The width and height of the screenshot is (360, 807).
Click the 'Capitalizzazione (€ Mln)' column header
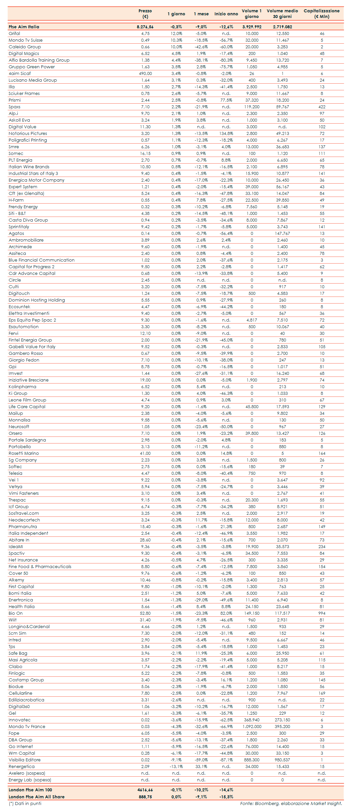[321, 14]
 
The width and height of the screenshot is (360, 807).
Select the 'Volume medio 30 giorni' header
[282, 14]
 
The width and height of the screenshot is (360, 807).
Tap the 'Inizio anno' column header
[226, 14]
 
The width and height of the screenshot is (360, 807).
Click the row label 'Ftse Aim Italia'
[24, 27]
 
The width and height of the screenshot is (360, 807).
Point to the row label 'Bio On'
[16, 613]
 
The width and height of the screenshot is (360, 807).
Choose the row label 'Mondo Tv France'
[27, 726]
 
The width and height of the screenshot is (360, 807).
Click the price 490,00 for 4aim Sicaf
[145, 73]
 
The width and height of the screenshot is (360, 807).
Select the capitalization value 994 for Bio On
[322, 613]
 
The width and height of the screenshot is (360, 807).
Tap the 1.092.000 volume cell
[252, 726]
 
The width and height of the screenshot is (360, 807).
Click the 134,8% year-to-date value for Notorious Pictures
[226, 133]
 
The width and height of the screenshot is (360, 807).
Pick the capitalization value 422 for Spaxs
[322, 107]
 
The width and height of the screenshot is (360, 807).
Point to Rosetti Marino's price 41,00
[145, 453]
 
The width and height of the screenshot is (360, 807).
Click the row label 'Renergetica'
[22, 766]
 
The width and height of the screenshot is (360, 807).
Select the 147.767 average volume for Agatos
[282, 233]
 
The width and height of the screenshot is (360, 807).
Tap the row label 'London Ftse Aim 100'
[30, 790]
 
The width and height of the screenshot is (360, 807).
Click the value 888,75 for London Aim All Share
[145, 797]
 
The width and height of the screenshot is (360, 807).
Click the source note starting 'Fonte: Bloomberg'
[291, 803]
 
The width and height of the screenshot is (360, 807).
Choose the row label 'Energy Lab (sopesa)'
[30, 780]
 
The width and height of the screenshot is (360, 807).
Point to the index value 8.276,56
[145, 27]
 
